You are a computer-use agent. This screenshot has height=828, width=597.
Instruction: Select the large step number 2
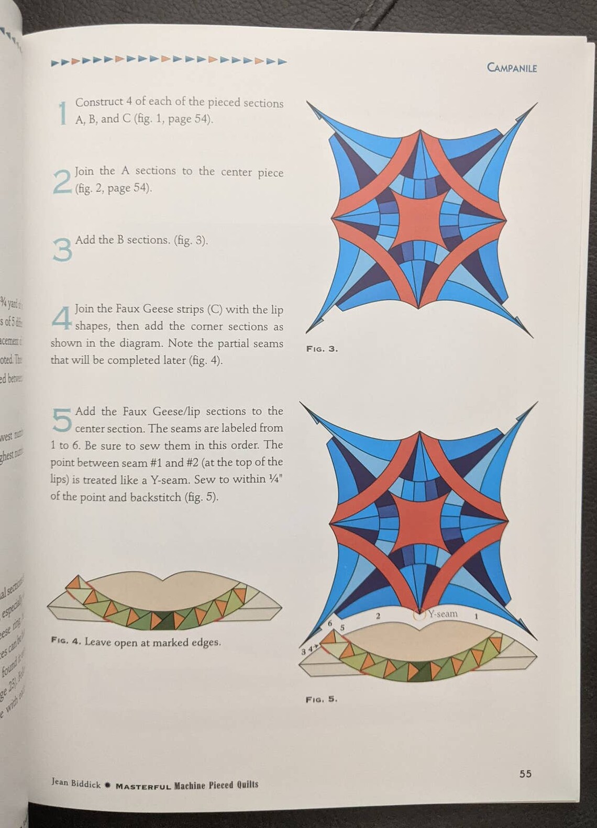(x=62, y=182)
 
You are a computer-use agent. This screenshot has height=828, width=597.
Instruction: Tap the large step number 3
(x=62, y=250)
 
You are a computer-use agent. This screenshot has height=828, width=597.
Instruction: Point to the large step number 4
(x=62, y=318)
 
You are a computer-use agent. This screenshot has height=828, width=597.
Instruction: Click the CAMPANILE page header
(x=512, y=68)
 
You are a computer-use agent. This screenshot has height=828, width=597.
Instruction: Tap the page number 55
(x=525, y=774)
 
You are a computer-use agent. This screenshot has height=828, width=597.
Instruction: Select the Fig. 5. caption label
(x=322, y=699)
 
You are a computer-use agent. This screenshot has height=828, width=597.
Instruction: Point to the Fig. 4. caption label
(x=66, y=641)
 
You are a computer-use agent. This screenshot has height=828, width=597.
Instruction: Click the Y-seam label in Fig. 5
(x=443, y=613)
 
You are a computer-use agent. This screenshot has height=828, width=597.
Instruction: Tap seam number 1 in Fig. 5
(x=476, y=616)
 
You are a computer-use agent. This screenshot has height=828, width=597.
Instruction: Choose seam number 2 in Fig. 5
(x=378, y=616)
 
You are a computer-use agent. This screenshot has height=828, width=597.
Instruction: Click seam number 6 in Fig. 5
(x=330, y=623)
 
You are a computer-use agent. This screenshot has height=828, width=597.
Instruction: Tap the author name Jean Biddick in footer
(x=75, y=782)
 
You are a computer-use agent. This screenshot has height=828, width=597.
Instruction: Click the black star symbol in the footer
(x=107, y=785)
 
